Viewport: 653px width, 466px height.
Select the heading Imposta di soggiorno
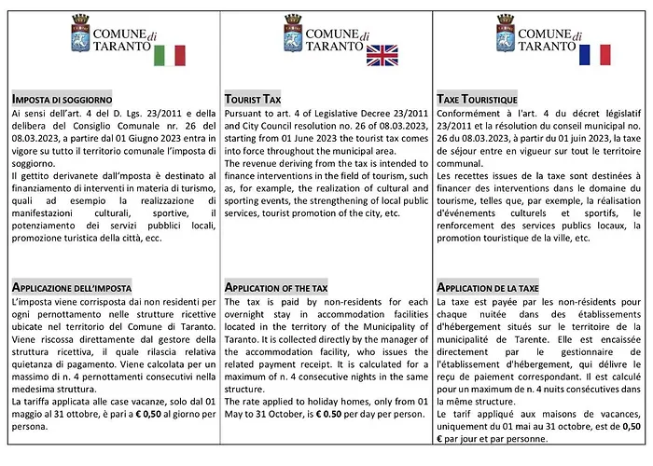click(63, 99)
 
